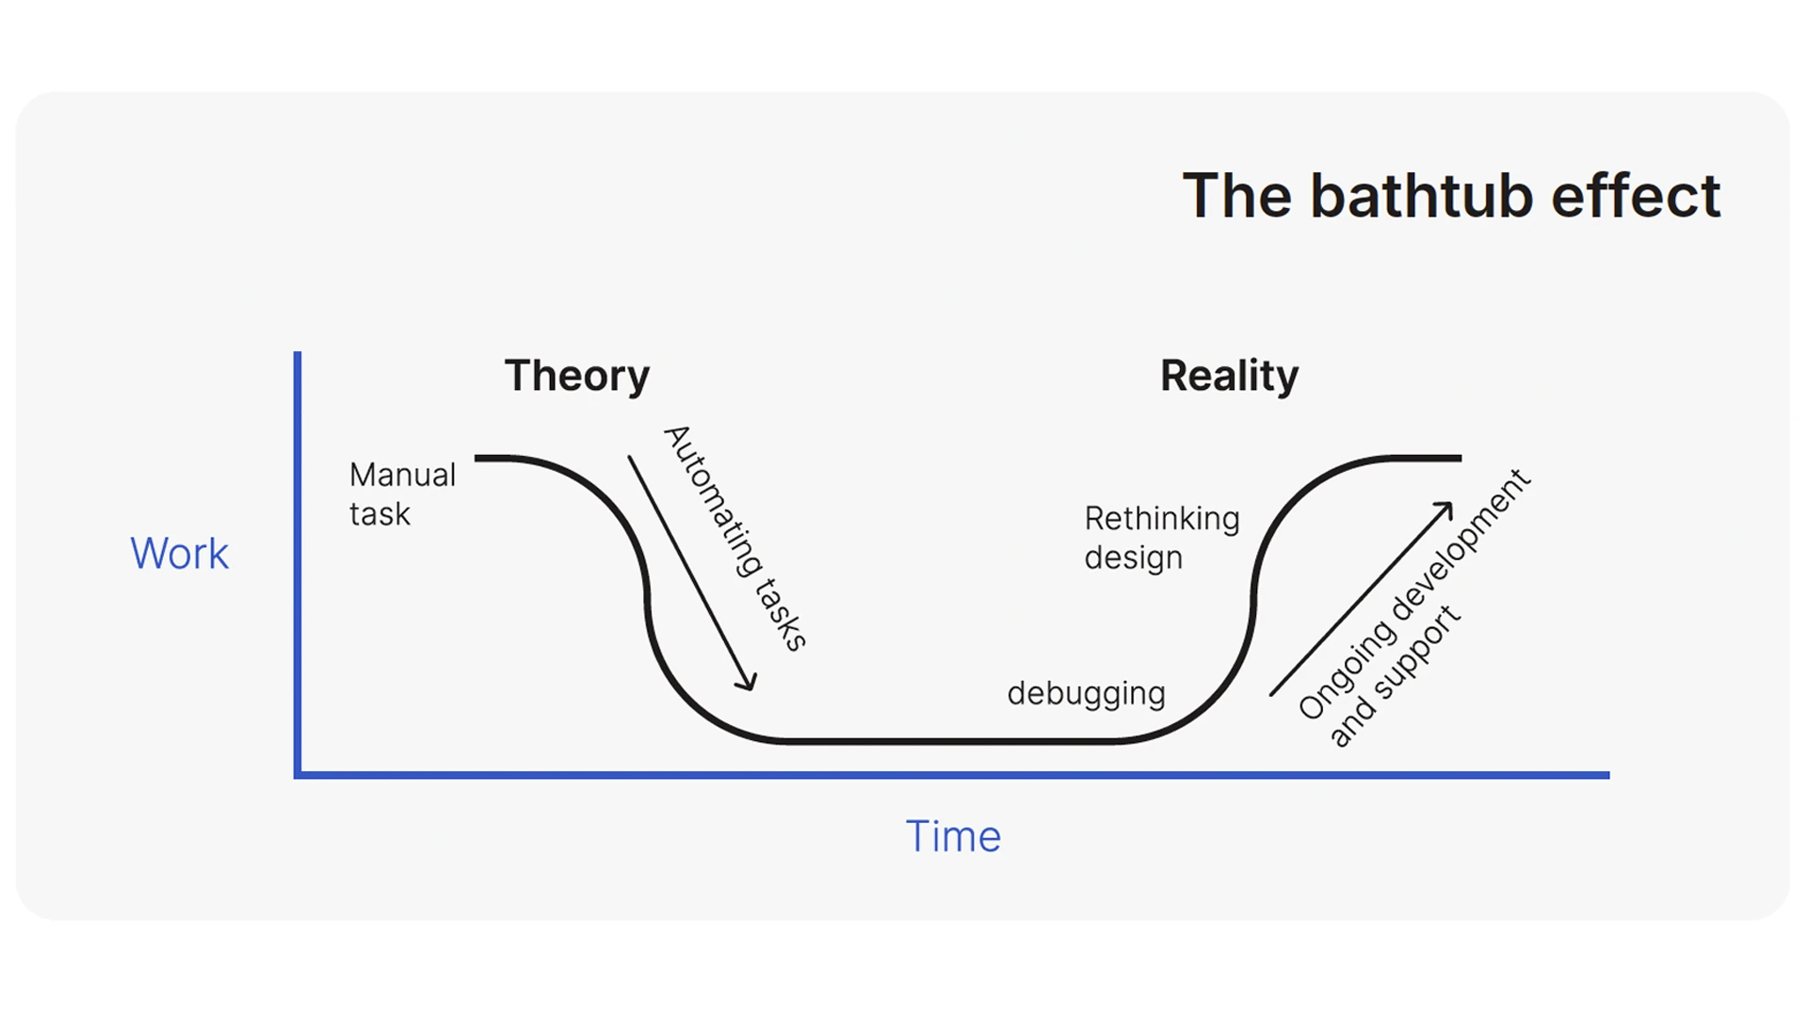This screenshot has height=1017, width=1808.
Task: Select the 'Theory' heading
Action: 576,376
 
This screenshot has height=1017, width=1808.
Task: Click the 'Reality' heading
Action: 1229,376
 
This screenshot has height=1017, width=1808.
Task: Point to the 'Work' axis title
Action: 179,554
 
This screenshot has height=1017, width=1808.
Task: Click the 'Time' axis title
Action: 953,836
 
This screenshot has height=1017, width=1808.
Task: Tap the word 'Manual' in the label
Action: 402,475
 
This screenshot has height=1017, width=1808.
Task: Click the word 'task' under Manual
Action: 379,514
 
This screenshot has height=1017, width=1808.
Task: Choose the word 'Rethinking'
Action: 1162,519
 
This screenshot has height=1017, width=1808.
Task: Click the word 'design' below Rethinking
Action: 1133,558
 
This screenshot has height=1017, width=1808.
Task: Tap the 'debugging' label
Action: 1086,694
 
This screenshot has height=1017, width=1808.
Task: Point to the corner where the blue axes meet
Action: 298,775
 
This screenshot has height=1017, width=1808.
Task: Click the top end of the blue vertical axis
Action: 298,355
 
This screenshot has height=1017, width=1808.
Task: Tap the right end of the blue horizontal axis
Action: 1606,775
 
